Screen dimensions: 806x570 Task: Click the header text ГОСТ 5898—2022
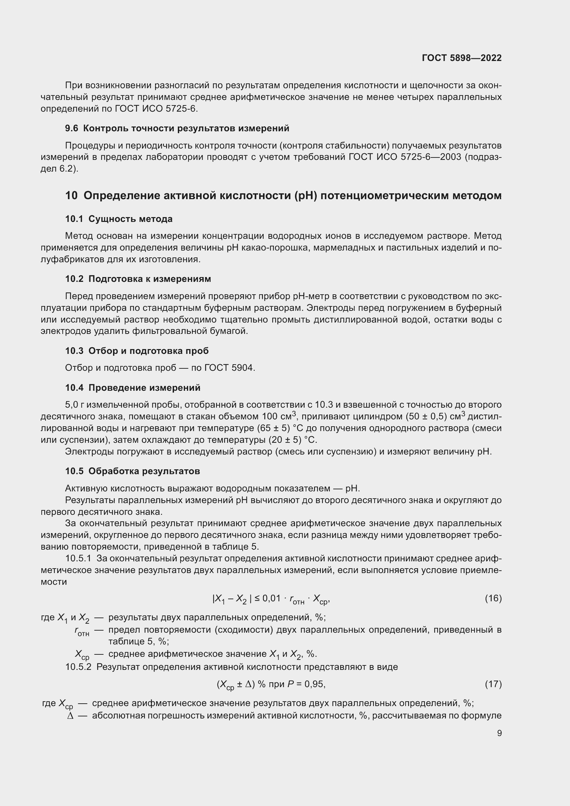(x=461, y=58)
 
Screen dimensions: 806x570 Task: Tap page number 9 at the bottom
(x=499, y=733)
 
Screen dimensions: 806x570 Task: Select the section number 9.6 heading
(x=71, y=129)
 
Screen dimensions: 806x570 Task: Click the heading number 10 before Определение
(x=71, y=195)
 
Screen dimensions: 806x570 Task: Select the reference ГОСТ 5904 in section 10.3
(x=229, y=368)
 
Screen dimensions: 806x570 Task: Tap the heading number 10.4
(x=74, y=388)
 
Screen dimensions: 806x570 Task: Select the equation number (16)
(x=493, y=598)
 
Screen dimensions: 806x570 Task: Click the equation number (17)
(x=493, y=684)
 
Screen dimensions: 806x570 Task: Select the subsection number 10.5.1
(x=78, y=558)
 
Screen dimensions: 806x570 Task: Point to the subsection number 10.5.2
(x=78, y=667)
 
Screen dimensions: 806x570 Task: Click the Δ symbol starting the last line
(x=70, y=716)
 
